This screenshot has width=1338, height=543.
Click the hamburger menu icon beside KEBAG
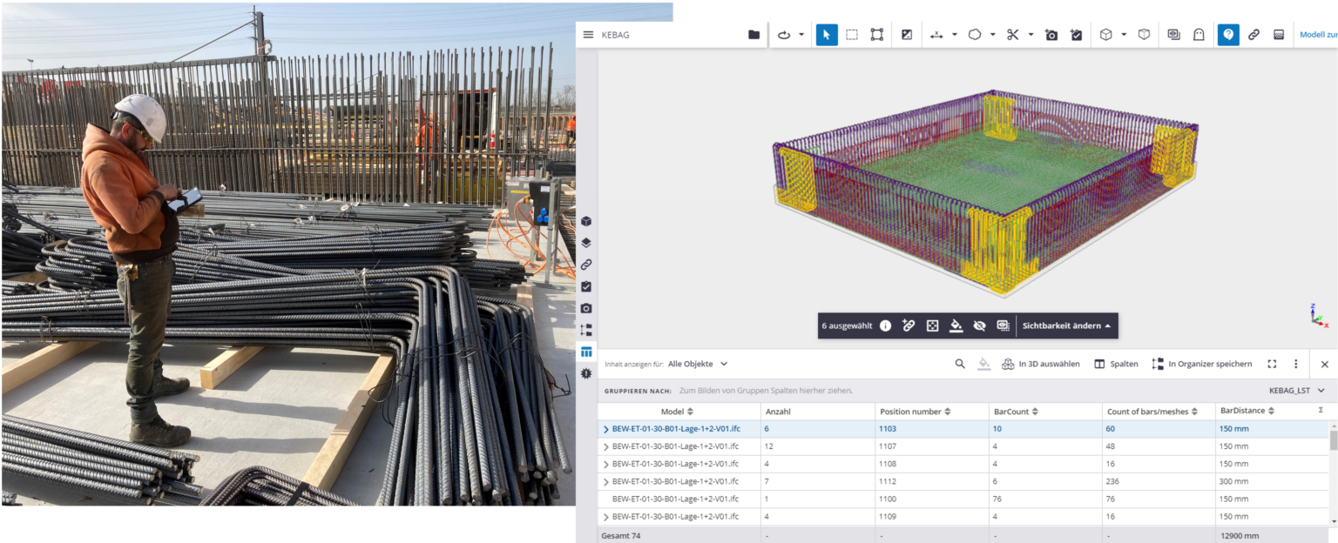coord(588,35)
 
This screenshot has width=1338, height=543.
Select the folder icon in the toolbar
coord(753,35)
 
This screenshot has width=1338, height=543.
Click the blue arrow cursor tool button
coord(827,35)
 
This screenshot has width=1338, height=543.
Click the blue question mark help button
coord(1228,35)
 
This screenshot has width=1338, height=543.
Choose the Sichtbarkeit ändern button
coord(1066,325)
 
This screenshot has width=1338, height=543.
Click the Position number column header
coord(910,412)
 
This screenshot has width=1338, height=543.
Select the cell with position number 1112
coord(888,481)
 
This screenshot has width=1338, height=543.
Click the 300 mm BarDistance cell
coord(1233,481)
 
